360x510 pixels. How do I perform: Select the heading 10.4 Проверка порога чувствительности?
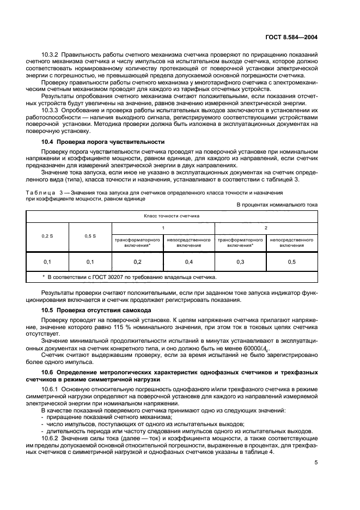click(99, 142)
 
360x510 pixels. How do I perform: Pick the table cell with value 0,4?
click(189, 262)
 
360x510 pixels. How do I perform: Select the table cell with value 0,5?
click(292, 262)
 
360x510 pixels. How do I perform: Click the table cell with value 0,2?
click(137, 262)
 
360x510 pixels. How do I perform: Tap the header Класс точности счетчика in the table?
click(172, 216)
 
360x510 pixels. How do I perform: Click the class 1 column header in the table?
click(163, 227)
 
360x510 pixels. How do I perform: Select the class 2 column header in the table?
click(266, 227)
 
